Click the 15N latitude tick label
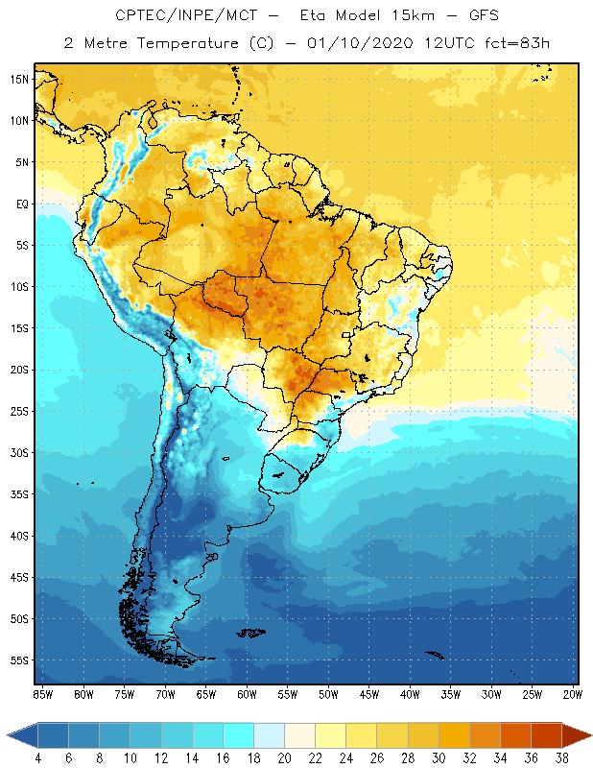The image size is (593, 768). (x=19, y=79)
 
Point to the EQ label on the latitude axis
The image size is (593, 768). (x=21, y=204)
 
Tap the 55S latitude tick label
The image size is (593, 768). (x=19, y=660)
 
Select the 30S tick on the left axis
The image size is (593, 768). (x=19, y=453)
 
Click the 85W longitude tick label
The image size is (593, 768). (x=42, y=694)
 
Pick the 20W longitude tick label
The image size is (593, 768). (x=572, y=694)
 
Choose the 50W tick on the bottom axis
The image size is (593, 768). (x=327, y=694)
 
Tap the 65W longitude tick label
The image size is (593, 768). (x=205, y=694)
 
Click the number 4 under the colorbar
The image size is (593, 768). (x=38, y=758)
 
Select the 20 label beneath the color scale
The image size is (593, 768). (x=284, y=758)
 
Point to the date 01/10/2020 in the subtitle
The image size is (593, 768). (x=359, y=43)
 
